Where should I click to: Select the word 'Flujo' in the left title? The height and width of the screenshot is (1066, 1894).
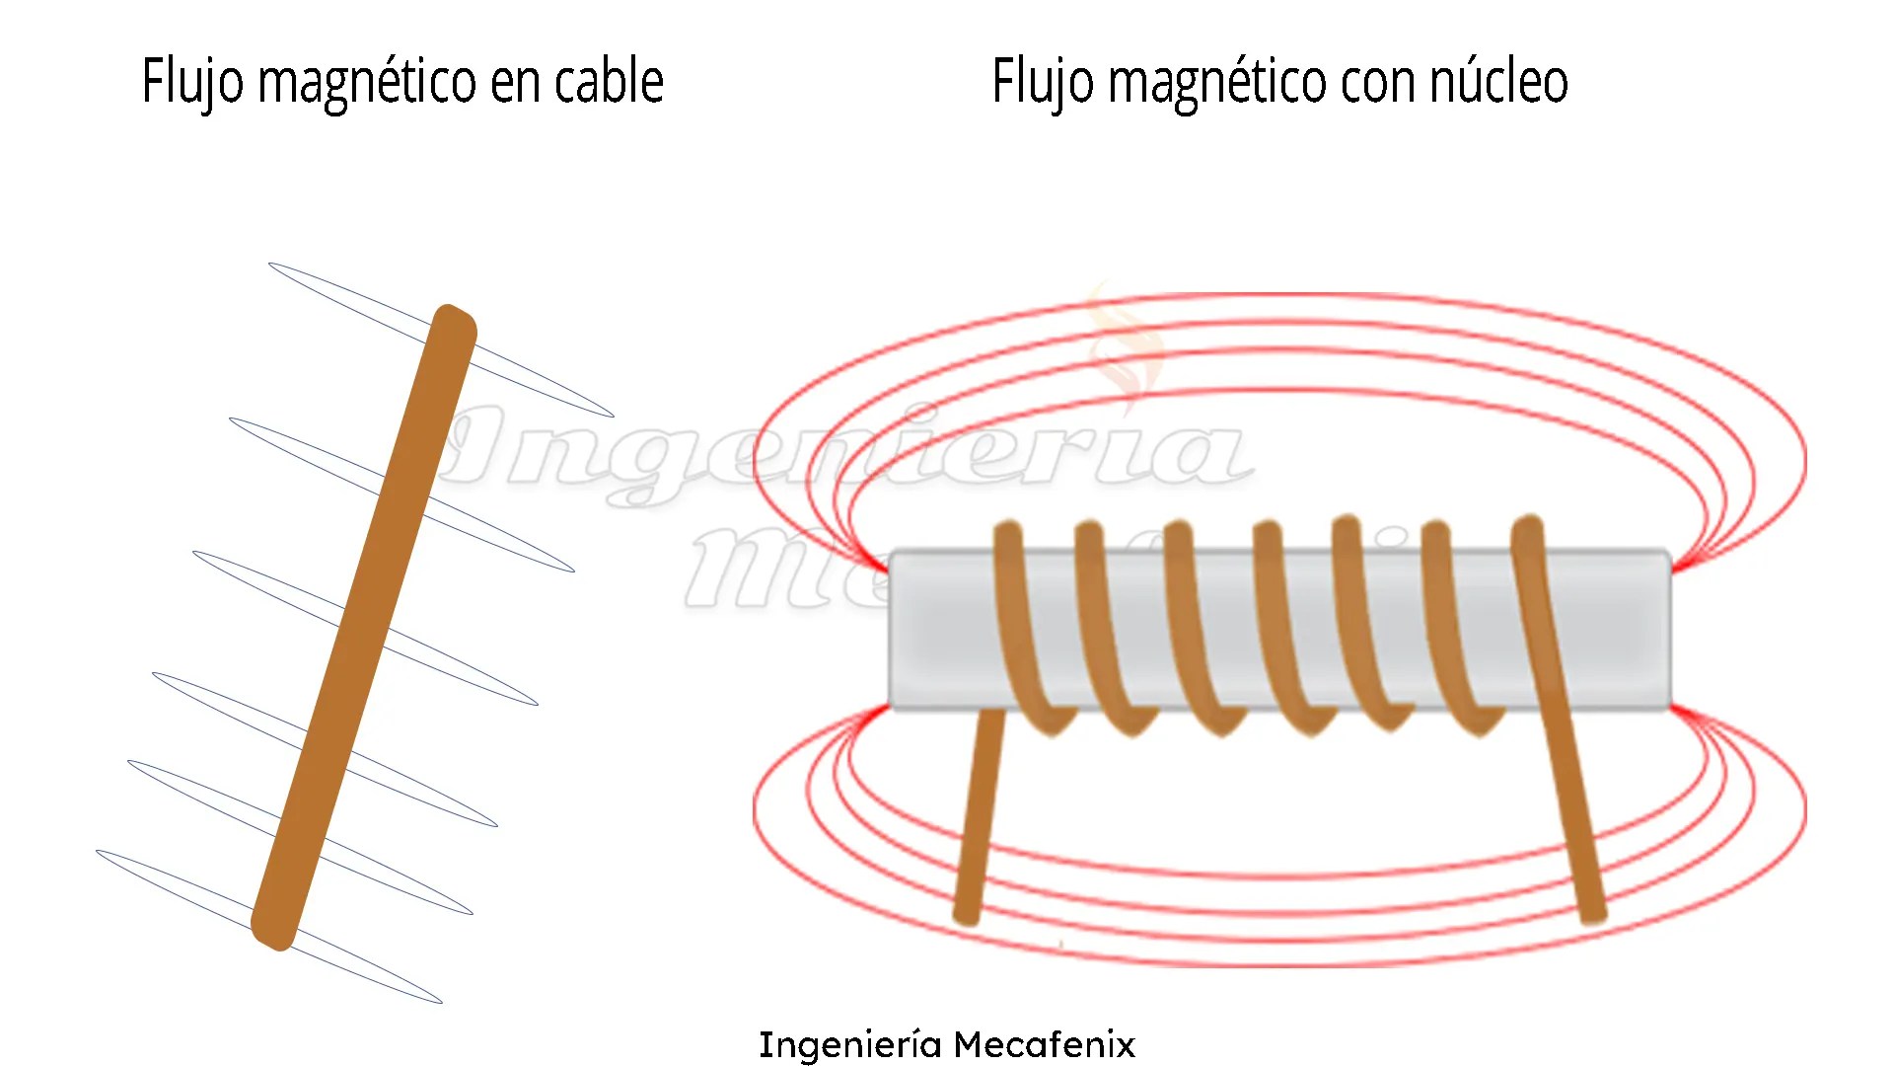pyautogui.click(x=192, y=83)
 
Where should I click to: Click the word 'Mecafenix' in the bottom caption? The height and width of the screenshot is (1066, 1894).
pyautogui.click(x=1044, y=1044)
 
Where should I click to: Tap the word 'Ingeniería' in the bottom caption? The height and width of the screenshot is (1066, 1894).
pyautogui.click(x=849, y=1044)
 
